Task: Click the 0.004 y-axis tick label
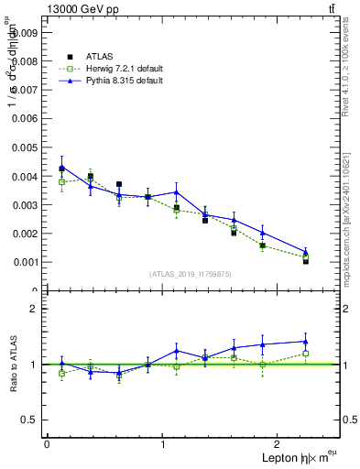coord(25,176)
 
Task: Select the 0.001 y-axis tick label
coord(25,262)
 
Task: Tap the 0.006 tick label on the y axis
coord(25,118)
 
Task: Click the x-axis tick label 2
coord(279,443)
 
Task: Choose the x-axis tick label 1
coord(163,443)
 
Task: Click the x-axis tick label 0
coord(47,443)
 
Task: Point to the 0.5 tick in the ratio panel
coord(30,420)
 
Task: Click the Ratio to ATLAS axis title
coord(13,364)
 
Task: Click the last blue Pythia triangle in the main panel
coord(306,252)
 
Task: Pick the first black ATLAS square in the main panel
coord(61,169)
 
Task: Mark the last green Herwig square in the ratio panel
coord(306,354)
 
